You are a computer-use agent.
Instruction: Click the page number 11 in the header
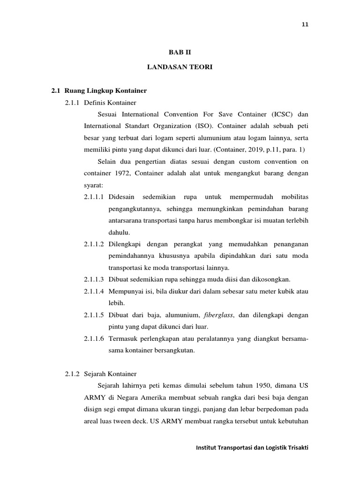click(305, 24)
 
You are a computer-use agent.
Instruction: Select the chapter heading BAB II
click(180, 53)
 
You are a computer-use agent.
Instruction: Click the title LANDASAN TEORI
click(180, 67)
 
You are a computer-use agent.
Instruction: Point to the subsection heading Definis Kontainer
click(110, 102)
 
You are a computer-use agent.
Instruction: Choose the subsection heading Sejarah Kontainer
click(110, 374)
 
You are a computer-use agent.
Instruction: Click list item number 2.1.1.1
click(95, 196)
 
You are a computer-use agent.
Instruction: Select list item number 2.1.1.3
click(95, 279)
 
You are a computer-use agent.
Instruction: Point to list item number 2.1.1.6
click(95, 338)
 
